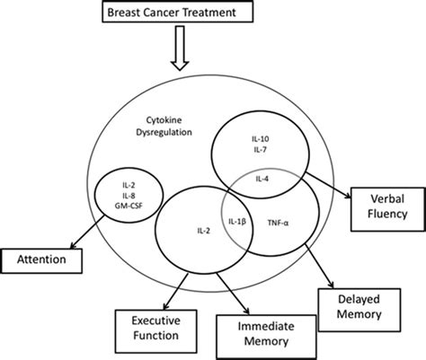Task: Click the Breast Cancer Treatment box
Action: (178, 13)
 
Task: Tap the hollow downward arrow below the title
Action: (180, 48)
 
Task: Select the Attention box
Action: (41, 260)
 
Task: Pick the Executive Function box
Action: (156, 331)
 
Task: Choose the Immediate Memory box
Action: (266, 337)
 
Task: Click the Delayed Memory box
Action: (359, 310)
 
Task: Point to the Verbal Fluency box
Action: (387, 209)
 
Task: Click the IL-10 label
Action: (260, 139)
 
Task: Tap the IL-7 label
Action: (260, 150)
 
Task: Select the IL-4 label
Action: (262, 179)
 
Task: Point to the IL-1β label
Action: (237, 222)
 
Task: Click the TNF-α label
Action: (278, 223)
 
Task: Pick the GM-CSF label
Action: (129, 206)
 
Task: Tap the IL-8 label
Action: (129, 196)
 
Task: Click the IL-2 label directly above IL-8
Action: (129, 186)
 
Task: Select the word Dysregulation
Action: (164, 132)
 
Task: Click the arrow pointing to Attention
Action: (87, 232)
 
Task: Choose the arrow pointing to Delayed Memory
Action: (319, 266)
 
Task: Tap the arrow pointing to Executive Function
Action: (175, 291)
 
